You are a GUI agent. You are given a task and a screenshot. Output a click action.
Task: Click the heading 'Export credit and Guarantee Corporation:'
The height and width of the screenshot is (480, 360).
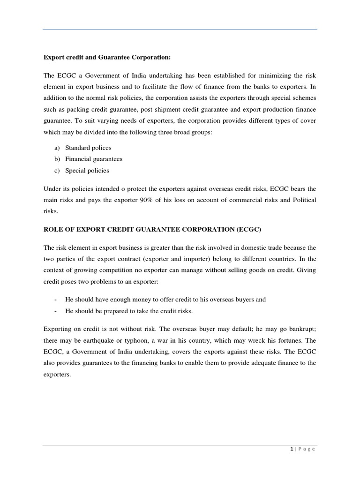tap(107, 58)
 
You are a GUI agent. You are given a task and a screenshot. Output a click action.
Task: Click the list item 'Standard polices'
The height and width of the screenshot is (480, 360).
tap(88, 148)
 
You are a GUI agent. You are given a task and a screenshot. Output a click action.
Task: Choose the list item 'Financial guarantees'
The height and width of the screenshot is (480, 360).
tap(94, 159)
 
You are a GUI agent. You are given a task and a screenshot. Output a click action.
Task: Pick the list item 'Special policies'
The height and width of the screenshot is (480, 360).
tap(87, 171)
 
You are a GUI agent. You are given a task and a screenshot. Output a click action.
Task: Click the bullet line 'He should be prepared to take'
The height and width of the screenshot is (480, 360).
tap(129, 311)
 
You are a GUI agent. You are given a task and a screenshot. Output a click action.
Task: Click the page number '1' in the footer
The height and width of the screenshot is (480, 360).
tap(292, 449)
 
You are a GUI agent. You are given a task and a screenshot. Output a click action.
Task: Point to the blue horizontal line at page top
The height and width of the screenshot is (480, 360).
tap(180, 30)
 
